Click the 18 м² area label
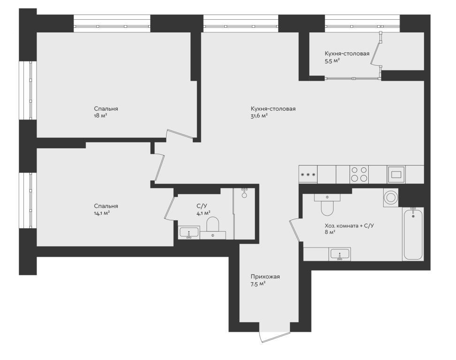tap(100, 116)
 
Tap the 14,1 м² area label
tap(101, 213)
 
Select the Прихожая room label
tap(265, 277)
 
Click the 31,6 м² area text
tap(259, 116)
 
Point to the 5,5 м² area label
tap(333, 61)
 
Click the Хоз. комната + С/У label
tap(349, 225)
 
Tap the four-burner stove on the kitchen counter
tap(359, 174)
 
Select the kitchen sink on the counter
tap(396, 174)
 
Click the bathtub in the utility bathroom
tap(413, 233)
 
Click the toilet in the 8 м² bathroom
tap(327, 205)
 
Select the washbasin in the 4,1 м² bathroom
tap(189, 232)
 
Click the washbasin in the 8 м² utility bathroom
tap(340, 254)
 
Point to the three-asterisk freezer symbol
tap(308, 175)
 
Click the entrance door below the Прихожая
tap(275, 337)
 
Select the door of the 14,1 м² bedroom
tap(159, 167)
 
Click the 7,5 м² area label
tap(258, 284)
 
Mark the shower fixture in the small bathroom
tap(244, 193)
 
